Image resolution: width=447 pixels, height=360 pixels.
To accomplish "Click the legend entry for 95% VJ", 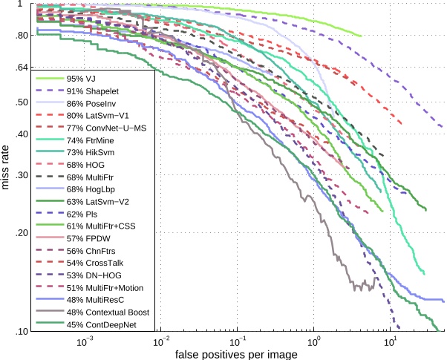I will (82, 78).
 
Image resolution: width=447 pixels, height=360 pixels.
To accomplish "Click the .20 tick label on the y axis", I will (20, 233).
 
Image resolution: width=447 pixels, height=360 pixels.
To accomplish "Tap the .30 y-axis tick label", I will (20, 176).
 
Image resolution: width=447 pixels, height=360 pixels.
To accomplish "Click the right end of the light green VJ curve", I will (361, 36).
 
